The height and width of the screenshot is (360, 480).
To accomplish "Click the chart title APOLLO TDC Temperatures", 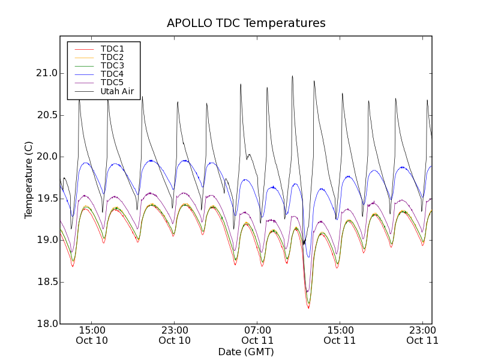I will (246, 23).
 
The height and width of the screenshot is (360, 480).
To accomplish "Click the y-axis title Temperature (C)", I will (29, 180).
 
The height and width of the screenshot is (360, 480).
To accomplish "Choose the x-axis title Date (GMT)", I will (246, 352).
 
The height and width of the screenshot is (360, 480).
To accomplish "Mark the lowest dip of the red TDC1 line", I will (308, 308).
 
